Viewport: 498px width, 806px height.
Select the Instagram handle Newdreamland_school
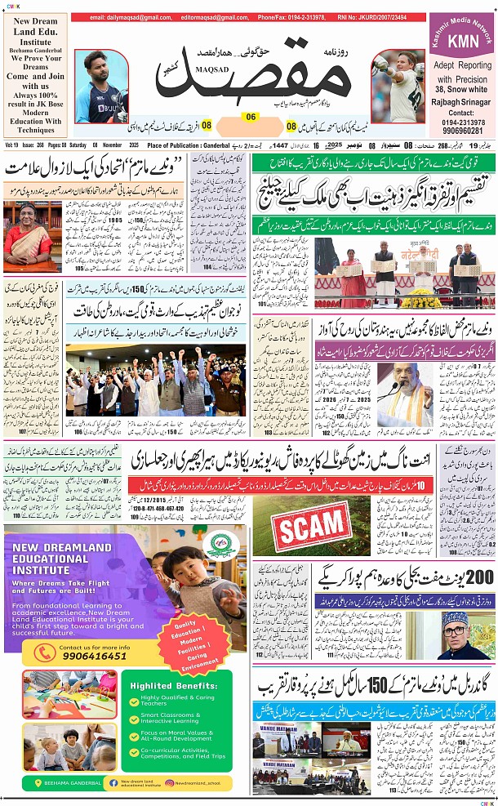click(x=208, y=782)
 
